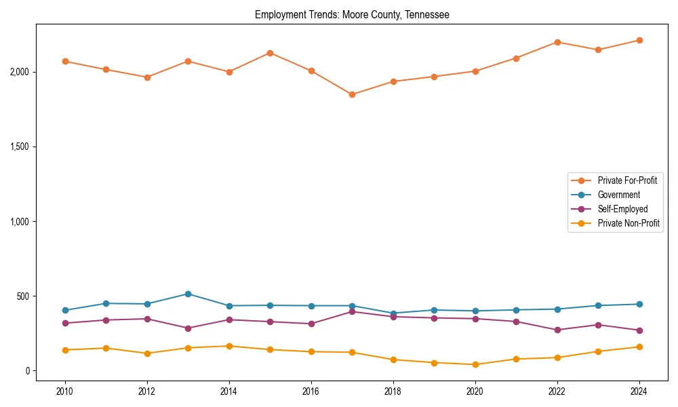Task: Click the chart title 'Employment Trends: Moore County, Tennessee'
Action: [352, 14]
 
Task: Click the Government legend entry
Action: [618, 195]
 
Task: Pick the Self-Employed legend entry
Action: [622, 209]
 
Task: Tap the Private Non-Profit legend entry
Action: [629, 223]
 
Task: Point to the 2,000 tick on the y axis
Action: [20, 72]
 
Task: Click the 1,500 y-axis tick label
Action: [20, 147]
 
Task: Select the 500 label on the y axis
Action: [24, 296]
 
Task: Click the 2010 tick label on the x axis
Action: [65, 391]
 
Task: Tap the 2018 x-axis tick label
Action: [393, 391]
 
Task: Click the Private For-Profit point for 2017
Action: [352, 94]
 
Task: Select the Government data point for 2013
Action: [188, 294]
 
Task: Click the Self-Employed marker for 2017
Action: [352, 311]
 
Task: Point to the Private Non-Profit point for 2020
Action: [475, 364]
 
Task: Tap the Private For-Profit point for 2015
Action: [270, 53]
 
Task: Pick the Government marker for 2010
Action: [65, 310]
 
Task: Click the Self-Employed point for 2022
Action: [557, 330]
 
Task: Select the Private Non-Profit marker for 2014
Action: [229, 346]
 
